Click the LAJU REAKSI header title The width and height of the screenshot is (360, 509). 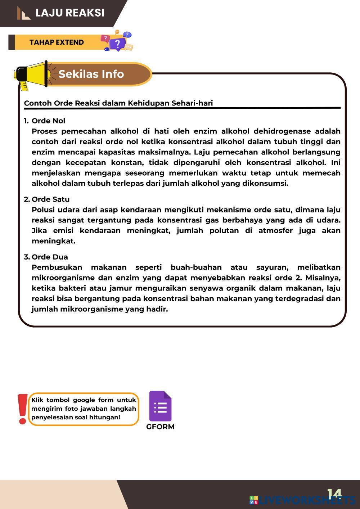click(x=70, y=13)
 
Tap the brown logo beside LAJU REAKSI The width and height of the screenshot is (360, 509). click(x=23, y=13)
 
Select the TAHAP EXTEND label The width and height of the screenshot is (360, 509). click(x=57, y=42)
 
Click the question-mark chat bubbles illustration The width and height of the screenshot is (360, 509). click(x=117, y=41)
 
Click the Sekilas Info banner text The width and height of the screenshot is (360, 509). click(x=91, y=74)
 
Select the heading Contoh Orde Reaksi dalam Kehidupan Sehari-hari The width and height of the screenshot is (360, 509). click(x=118, y=103)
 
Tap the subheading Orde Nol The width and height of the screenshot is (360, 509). click(x=48, y=121)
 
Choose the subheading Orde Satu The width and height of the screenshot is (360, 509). click(x=50, y=199)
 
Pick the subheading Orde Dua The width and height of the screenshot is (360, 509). click(x=50, y=257)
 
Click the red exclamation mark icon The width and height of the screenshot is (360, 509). click(x=23, y=409)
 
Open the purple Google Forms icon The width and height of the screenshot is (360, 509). click(x=160, y=406)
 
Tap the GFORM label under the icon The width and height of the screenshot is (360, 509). click(x=160, y=427)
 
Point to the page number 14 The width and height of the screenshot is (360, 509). click(x=334, y=494)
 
